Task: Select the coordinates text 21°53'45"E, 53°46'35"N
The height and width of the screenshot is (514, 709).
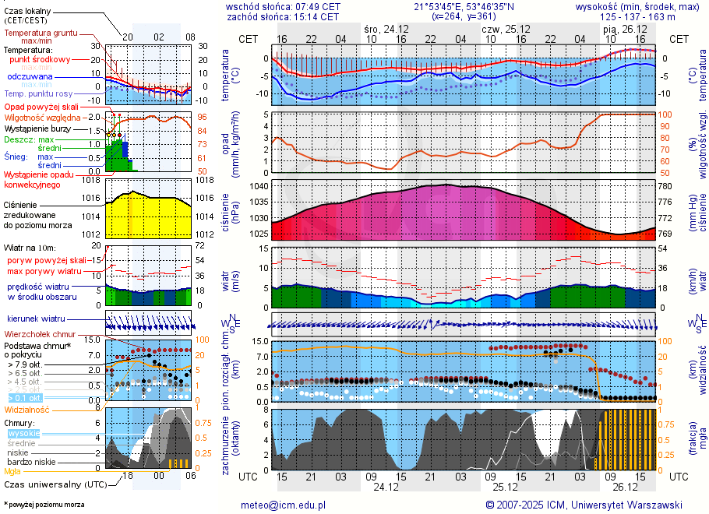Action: (x=464, y=5)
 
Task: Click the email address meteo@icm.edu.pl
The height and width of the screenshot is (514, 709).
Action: (x=283, y=505)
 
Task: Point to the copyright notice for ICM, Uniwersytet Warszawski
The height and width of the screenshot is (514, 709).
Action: (x=584, y=505)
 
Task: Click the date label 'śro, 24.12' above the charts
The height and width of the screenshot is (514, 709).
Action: (x=386, y=28)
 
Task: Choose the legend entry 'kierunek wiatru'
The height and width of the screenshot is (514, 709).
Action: (x=36, y=319)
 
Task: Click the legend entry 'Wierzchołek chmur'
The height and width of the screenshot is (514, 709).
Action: (x=39, y=334)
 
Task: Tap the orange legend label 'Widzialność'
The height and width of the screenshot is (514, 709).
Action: (x=27, y=409)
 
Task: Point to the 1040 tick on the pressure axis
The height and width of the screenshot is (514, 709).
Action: (x=259, y=187)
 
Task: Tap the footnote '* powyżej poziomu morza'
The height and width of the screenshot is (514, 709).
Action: (x=44, y=505)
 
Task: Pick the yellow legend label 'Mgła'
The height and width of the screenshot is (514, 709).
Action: (x=12, y=471)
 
